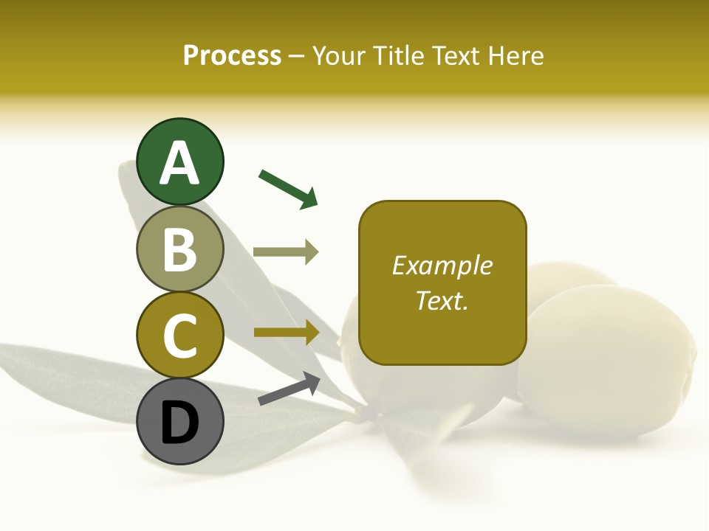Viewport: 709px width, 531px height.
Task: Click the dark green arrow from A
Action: (288, 188)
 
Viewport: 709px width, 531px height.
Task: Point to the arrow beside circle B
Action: (286, 252)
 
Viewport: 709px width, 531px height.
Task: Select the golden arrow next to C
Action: (286, 332)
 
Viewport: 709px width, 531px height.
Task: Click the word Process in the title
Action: (232, 56)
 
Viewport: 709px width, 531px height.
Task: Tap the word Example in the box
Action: (442, 265)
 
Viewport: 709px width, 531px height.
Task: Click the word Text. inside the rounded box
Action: (442, 300)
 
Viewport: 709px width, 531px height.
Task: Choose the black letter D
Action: (179, 423)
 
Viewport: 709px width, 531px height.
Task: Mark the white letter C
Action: (179, 336)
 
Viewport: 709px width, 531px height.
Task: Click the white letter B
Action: (179, 249)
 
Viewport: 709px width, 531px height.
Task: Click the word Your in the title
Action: (340, 56)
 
